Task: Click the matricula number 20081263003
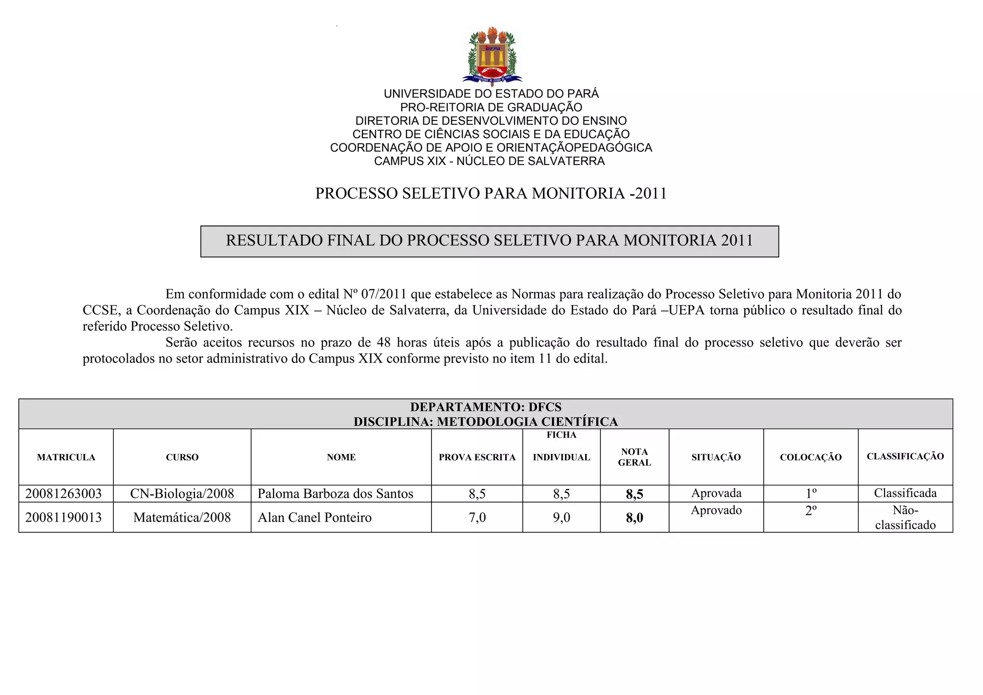pos(63,493)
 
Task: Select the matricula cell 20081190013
pos(63,517)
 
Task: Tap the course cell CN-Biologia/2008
pos(182,493)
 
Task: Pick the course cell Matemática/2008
pos(182,517)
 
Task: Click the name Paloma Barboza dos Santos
pos(335,493)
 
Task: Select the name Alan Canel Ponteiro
pos(314,517)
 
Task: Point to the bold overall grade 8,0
pos(634,518)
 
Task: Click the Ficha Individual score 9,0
pos(561,517)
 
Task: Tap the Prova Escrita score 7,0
pos(477,517)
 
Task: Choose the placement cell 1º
pos(811,493)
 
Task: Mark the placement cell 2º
pos(811,511)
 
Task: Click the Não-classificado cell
pos(905,517)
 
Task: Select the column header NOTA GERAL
pos(634,457)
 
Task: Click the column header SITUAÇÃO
pos(716,457)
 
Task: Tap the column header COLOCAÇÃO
pos(811,457)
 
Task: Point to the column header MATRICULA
pos(66,457)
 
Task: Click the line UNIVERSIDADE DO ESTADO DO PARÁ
pos(491,94)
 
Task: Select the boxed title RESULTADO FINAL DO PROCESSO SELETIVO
pos(490,240)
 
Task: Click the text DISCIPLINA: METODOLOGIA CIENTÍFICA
pos(486,421)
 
